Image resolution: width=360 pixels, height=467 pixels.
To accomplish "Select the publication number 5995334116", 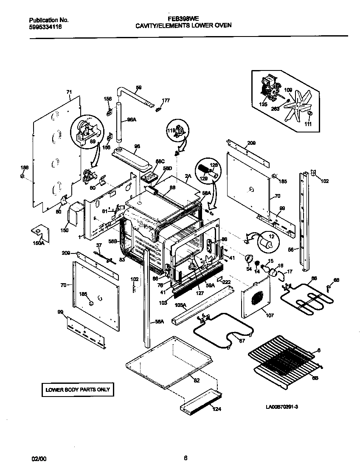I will tap(46, 26).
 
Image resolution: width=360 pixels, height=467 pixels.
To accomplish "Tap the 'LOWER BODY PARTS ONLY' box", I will tap(78, 389).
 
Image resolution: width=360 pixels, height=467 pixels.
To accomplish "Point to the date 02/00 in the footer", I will tap(37, 458).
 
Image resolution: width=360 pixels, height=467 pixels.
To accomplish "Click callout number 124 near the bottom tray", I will tap(217, 409).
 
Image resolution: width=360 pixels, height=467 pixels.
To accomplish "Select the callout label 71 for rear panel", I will tap(69, 92).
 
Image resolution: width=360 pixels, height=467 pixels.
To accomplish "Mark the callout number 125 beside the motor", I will tap(263, 104).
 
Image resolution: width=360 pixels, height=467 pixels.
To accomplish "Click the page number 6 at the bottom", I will tap(186, 458).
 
